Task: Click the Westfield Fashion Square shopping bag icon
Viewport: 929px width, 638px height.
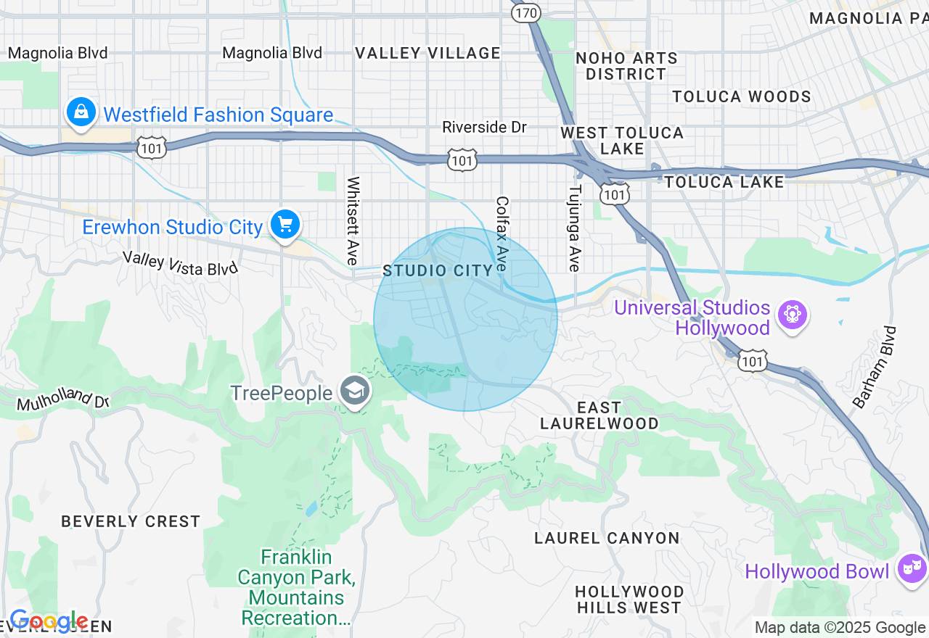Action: click(x=81, y=112)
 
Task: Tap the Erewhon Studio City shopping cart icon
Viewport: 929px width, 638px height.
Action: click(x=285, y=224)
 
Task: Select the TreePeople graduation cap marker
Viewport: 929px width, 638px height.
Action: click(x=355, y=392)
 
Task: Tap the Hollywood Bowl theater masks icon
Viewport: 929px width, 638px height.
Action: click(x=911, y=568)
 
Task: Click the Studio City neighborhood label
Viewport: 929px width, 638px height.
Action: click(x=438, y=270)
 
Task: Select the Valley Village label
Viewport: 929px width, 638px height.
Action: click(x=427, y=53)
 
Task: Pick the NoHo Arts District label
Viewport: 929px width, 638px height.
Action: click(x=626, y=66)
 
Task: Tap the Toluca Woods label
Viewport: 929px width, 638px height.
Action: click(x=741, y=96)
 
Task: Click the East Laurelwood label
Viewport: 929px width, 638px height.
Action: click(x=599, y=415)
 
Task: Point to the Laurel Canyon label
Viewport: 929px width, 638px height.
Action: click(x=607, y=538)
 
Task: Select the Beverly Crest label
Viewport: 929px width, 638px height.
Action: click(x=131, y=521)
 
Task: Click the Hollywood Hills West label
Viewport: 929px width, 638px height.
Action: click(x=629, y=600)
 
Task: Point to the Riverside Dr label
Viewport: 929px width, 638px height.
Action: click(x=484, y=127)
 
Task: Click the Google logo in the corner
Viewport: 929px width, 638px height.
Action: click(x=49, y=622)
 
